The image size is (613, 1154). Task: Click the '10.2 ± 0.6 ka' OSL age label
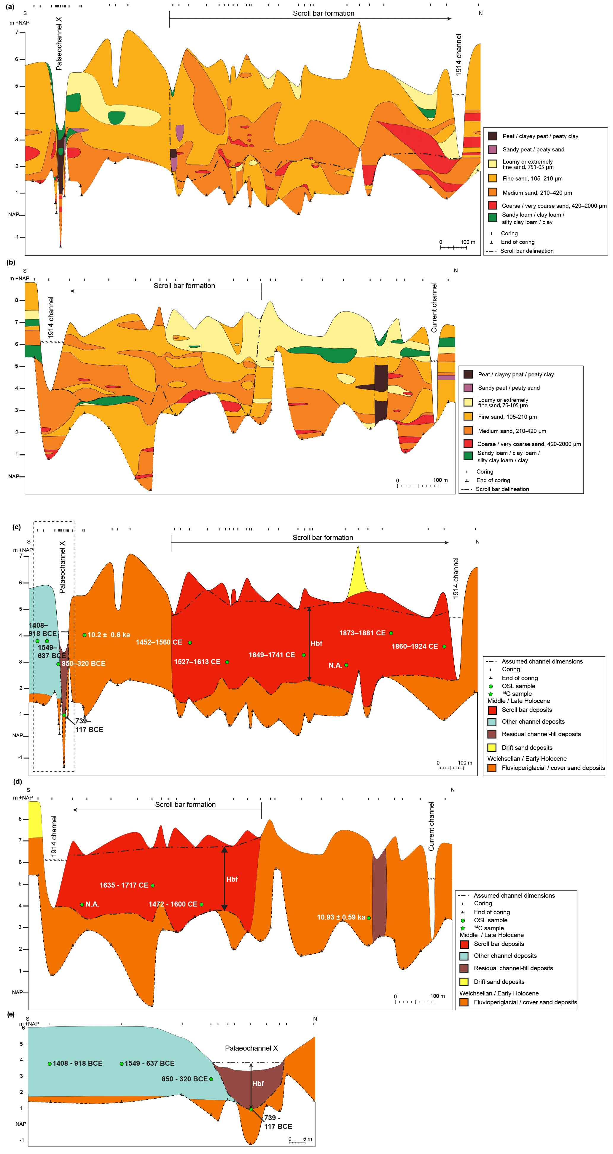[109, 635]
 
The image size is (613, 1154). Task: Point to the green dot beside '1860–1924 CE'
[444, 646]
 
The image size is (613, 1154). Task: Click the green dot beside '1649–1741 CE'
[304, 655]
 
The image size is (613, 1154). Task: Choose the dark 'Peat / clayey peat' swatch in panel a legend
[492, 136]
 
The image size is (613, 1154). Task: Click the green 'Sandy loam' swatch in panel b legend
[468, 456]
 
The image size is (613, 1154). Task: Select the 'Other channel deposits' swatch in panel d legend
[464, 955]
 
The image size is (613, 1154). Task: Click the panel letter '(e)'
[11, 1014]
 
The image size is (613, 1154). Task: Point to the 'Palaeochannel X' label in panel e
[251, 1048]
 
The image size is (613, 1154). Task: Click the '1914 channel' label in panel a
[458, 55]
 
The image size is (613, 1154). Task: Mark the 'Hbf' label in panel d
[232, 879]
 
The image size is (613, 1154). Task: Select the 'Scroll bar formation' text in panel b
[184, 286]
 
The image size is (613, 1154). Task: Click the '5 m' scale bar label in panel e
[308, 1139]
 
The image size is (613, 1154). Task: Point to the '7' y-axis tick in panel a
[17, 32]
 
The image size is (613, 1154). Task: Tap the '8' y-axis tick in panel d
[20, 819]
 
